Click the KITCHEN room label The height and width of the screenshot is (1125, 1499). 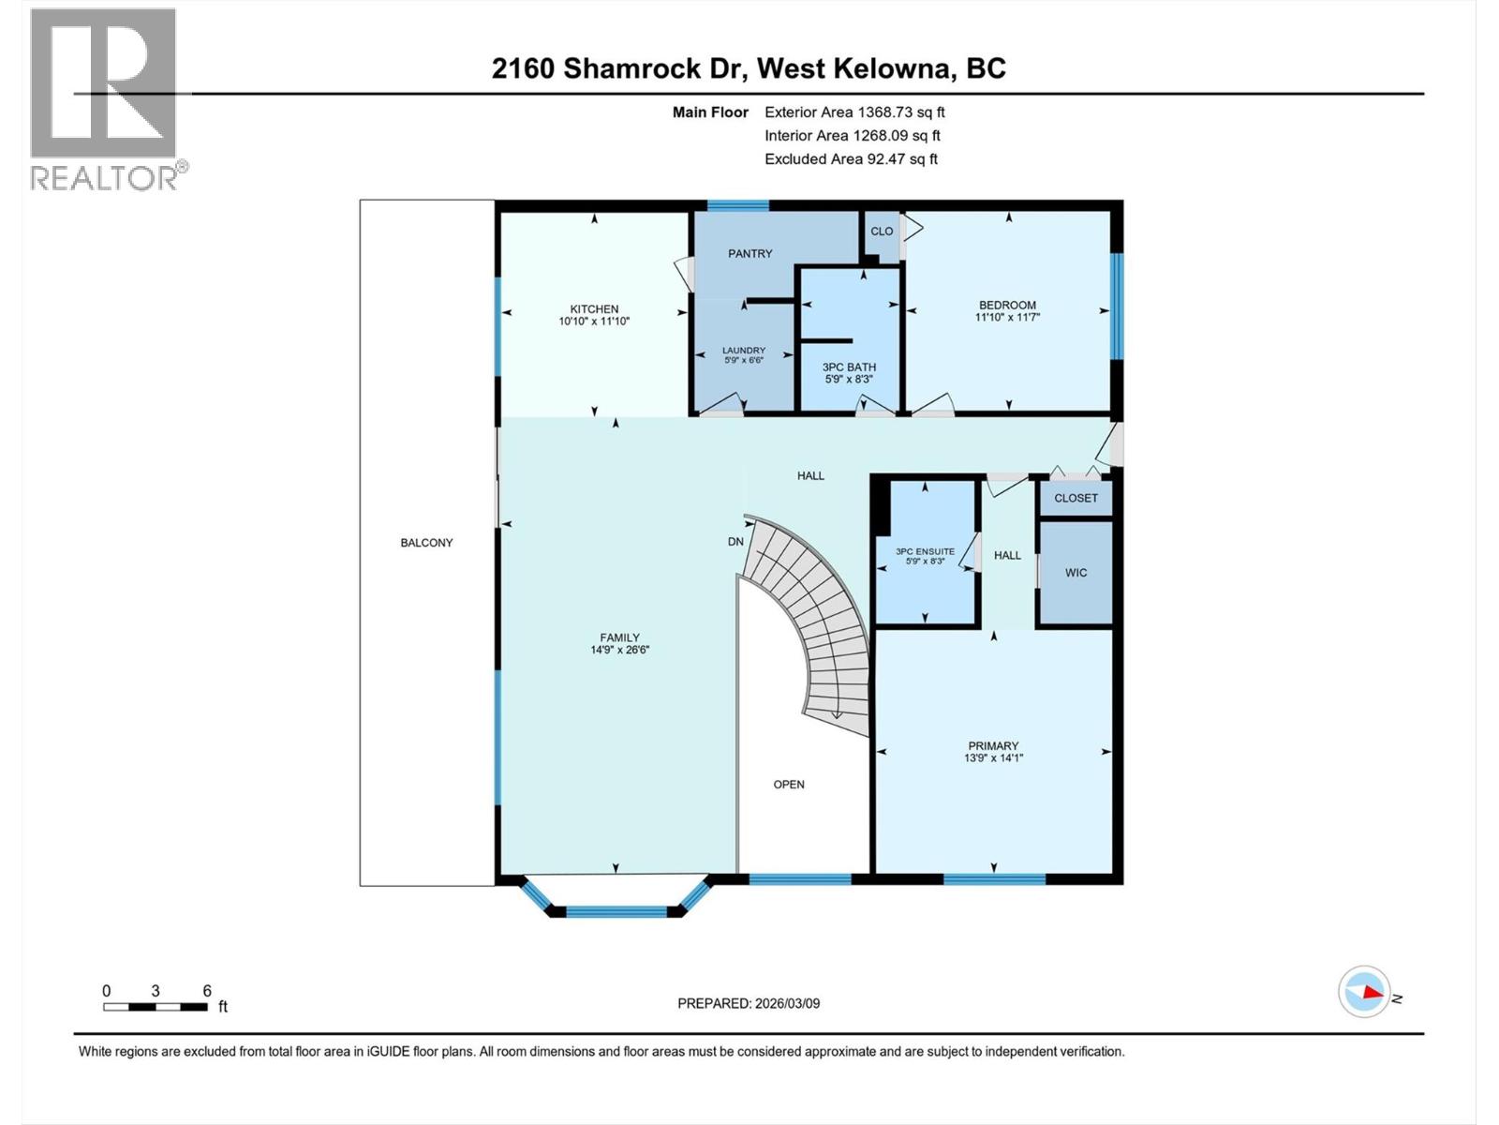click(594, 308)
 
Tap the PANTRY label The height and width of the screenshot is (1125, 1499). click(750, 253)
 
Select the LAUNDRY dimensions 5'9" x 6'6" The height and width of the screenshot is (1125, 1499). click(743, 360)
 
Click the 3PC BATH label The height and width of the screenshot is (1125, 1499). click(849, 367)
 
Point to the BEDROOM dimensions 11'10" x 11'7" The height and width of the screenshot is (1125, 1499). click(1007, 318)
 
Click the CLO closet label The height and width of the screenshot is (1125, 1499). click(882, 232)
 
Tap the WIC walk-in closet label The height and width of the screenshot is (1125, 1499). click(1076, 573)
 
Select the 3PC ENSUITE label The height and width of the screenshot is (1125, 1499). click(925, 551)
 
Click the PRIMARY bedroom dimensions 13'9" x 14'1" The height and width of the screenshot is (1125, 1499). click(993, 758)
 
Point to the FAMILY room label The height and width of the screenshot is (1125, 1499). click(619, 637)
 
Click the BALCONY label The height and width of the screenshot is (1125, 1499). click(426, 543)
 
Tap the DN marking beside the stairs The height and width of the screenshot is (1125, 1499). click(735, 542)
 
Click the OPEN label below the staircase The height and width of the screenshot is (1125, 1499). click(788, 785)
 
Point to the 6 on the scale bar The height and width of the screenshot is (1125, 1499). click(207, 991)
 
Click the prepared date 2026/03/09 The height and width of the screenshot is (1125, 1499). click(786, 1003)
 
